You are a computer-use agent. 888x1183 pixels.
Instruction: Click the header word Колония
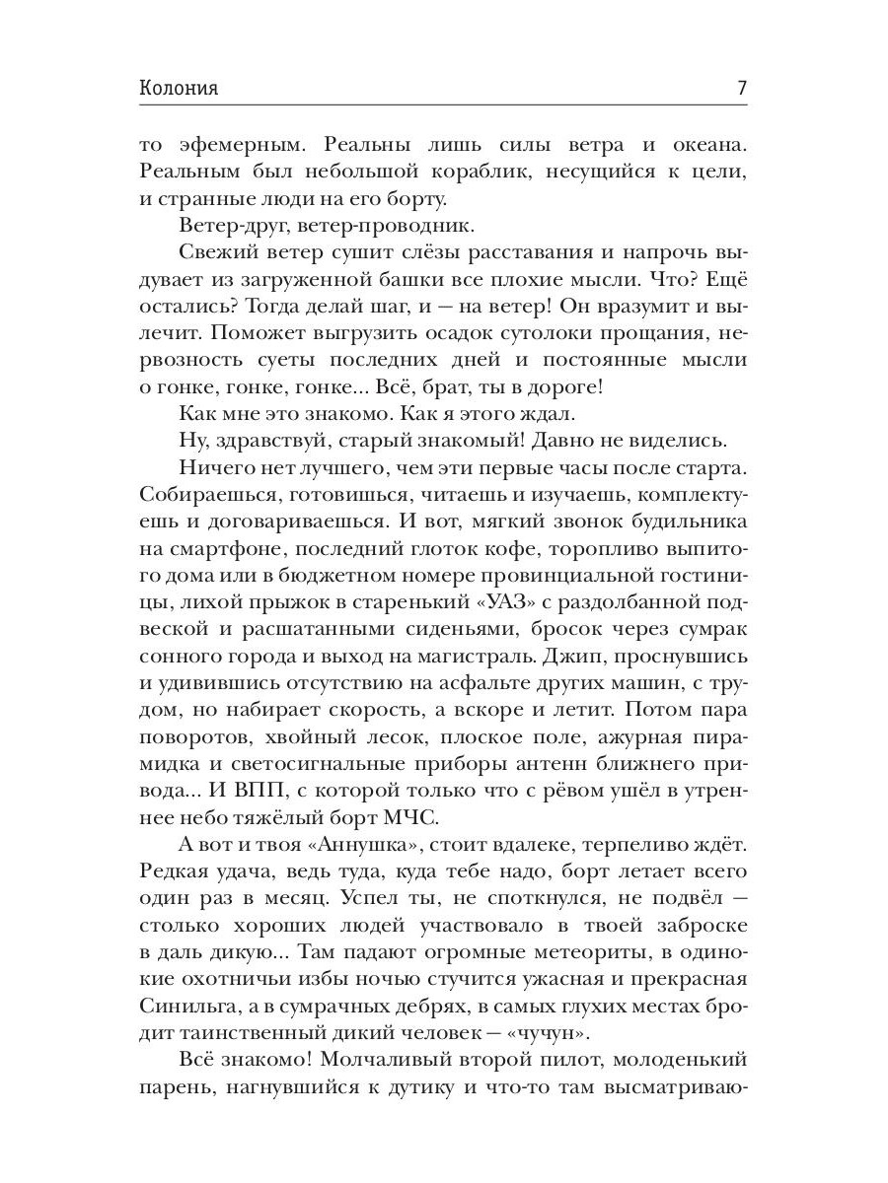coord(180,89)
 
